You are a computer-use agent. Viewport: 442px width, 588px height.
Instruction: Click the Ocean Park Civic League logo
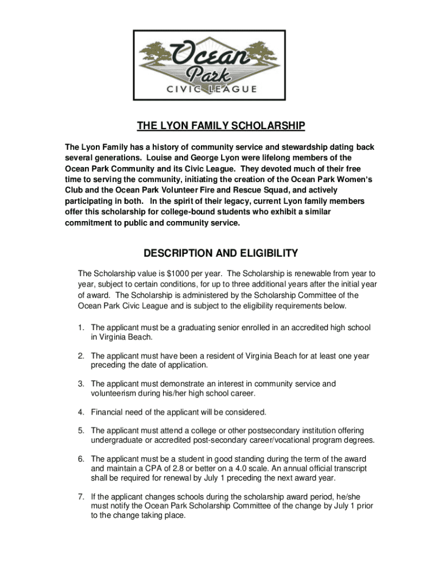tap(220, 64)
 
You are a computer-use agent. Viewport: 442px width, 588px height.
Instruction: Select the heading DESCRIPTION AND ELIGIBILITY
tap(220, 253)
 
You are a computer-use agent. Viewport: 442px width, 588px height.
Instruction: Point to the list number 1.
tap(82, 327)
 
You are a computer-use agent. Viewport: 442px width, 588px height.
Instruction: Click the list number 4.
tap(82, 412)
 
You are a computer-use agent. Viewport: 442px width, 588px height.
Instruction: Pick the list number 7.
tap(82, 496)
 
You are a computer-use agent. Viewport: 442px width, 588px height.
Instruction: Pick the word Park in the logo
tap(220, 73)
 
